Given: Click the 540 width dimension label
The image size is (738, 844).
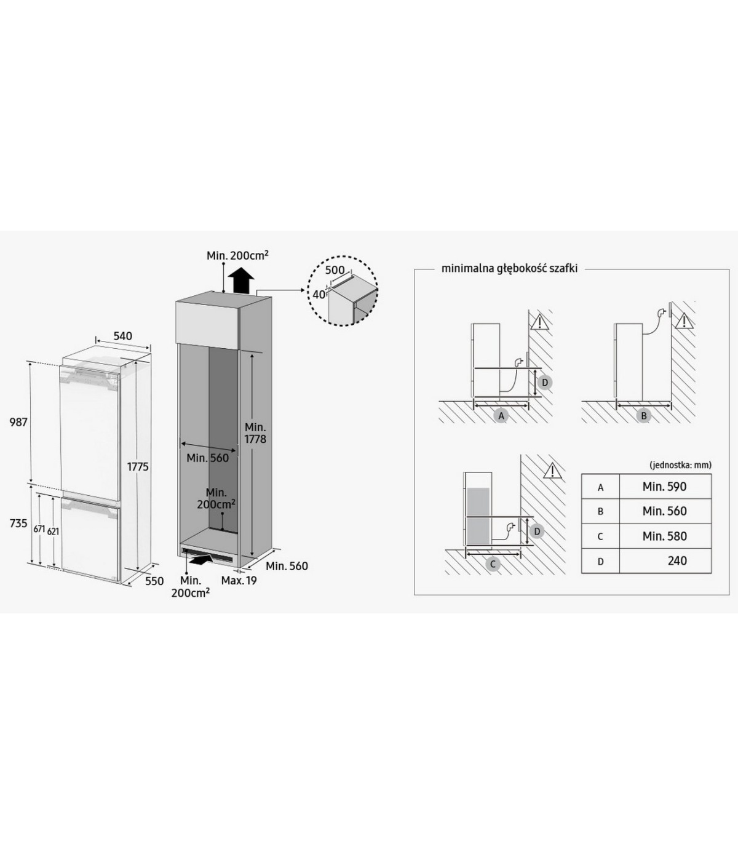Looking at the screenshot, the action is coord(123,336).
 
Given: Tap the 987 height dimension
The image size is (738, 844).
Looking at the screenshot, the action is coord(19,422).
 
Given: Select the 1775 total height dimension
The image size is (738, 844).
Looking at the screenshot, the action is coord(138,466).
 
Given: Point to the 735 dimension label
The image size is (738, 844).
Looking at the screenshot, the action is coord(18,523).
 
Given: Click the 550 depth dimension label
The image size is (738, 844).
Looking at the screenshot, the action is coord(154,581).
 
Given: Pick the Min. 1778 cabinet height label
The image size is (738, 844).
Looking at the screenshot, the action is coord(255,433).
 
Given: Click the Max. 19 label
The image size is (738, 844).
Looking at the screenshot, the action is coord(239,581).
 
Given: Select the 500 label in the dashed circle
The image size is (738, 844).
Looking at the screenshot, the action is coord(335,270).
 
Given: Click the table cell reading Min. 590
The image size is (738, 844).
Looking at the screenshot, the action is coord(665,487).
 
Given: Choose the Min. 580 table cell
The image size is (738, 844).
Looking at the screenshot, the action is coord(665,536).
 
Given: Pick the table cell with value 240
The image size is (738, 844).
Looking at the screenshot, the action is coord(665,561).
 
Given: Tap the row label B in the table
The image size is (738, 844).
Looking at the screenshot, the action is coord(600,512).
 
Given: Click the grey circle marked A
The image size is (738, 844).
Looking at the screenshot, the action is coord(501,416).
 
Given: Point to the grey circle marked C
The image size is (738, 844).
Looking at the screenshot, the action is coord(492,564).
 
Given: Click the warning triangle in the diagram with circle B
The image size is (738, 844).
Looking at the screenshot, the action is coord(684,321).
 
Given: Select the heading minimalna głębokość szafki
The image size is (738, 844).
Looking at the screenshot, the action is coord(510,269).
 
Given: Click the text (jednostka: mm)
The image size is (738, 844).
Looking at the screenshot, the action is coord(681,465).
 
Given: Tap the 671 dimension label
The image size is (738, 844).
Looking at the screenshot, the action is coord(39,529).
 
